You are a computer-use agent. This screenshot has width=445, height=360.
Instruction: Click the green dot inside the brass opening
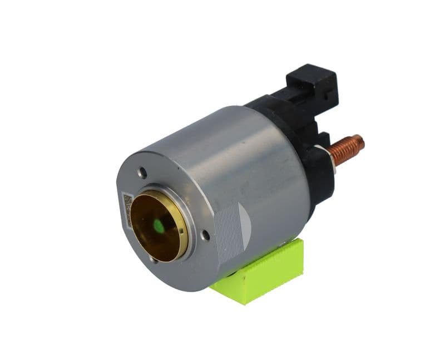pos(159,225)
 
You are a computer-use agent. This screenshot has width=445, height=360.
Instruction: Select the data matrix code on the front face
pos(127,209)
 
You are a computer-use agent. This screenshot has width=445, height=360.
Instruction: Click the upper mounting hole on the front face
pos(142,173)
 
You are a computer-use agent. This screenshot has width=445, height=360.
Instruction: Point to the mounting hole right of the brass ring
pos(205,235)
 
